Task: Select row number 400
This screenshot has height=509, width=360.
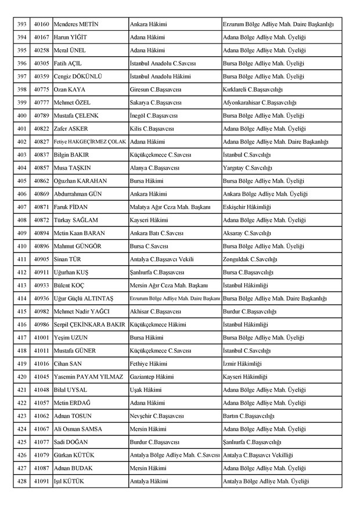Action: (22, 115)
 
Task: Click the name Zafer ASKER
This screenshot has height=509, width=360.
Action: (72, 128)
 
